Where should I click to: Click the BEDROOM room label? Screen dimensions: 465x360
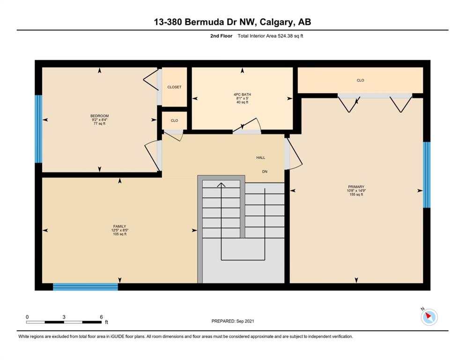coord(99,116)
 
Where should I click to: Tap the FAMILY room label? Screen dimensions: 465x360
coord(119,226)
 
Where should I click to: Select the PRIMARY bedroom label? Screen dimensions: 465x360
coord(356,187)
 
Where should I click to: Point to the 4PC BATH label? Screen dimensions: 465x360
coord(242,94)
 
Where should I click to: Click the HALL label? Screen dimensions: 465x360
coord(261,157)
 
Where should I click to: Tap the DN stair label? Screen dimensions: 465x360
coord(265,172)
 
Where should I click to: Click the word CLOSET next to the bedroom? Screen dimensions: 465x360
coord(174,87)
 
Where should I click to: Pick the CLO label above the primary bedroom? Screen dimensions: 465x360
coord(360,80)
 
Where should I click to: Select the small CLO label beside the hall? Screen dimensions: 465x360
coord(174,120)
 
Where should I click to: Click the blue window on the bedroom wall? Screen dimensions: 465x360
coord(38,129)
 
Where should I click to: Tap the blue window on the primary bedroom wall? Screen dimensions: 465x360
coord(427,175)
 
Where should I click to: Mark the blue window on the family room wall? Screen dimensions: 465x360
coord(85,287)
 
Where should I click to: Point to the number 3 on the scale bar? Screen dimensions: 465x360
coord(64,317)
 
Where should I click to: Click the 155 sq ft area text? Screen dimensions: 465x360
coord(356,195)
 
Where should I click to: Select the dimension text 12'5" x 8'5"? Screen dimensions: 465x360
coord(120,230)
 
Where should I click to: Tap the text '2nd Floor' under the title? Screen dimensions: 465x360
coord(221,36)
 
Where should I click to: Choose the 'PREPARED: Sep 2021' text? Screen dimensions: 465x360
coord(232,321)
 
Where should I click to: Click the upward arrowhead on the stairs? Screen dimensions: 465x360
coord(221,185)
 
